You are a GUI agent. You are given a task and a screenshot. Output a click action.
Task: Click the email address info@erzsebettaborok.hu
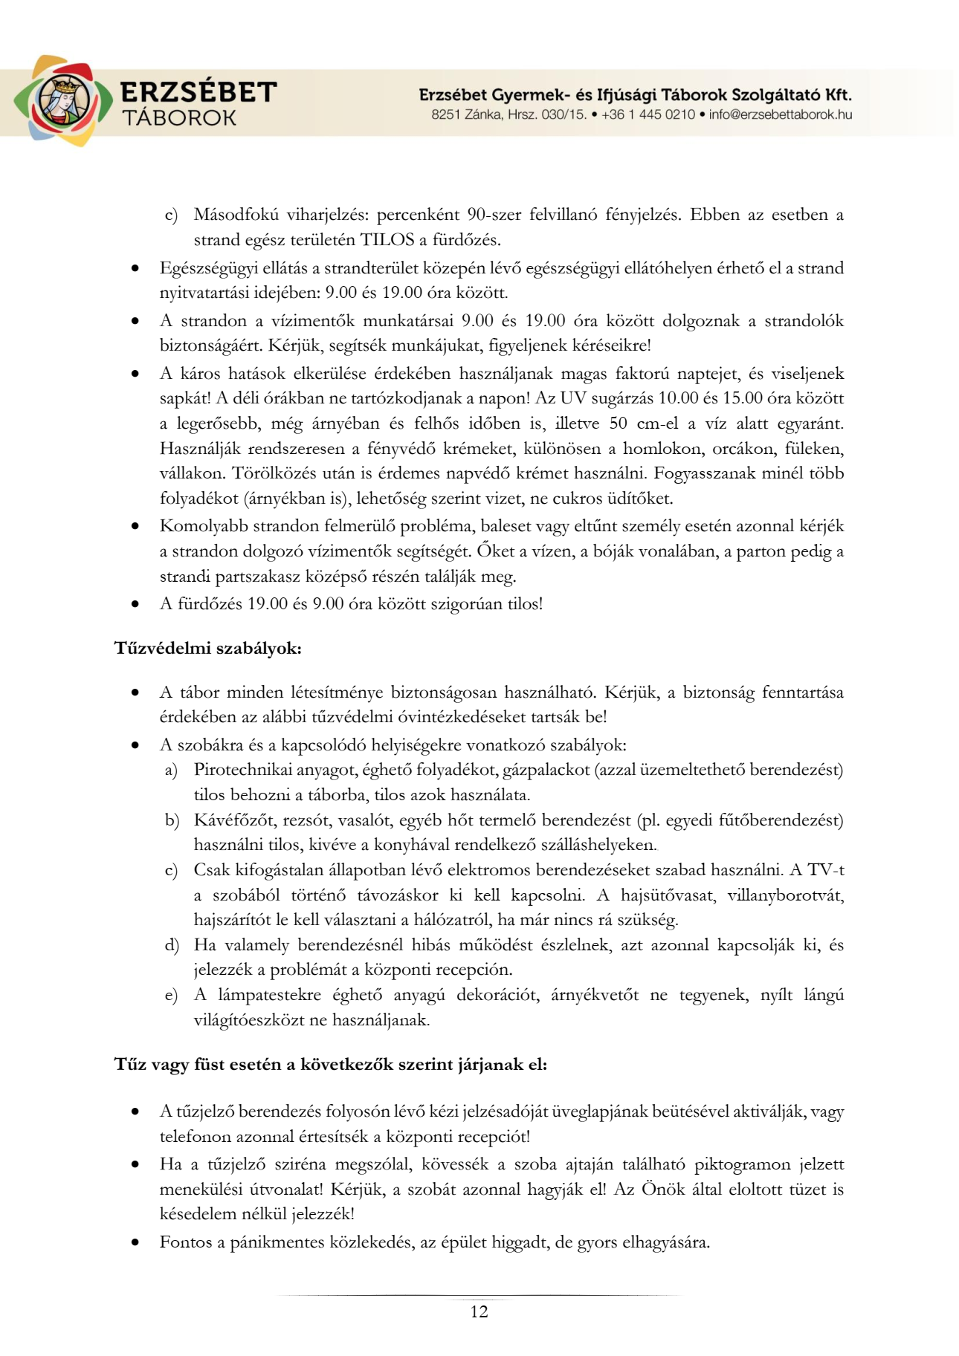tap(781, 115)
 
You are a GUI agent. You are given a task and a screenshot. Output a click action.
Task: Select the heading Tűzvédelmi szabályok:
tap(208, 648)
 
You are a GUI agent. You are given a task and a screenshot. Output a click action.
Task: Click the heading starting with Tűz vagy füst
tap(331, 1064)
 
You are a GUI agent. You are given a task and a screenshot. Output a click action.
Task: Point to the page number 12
tap(479, 1312)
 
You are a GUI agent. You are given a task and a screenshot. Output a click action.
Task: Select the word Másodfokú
tap(237, 215)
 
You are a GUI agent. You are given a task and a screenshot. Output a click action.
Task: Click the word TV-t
tap(826, 870)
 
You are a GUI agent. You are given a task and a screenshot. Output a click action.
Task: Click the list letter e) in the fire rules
tap(172, 995)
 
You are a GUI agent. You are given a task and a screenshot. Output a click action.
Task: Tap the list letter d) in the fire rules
tap(172, 945)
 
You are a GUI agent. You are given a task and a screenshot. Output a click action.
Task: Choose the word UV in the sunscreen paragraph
tap(573, 398)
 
